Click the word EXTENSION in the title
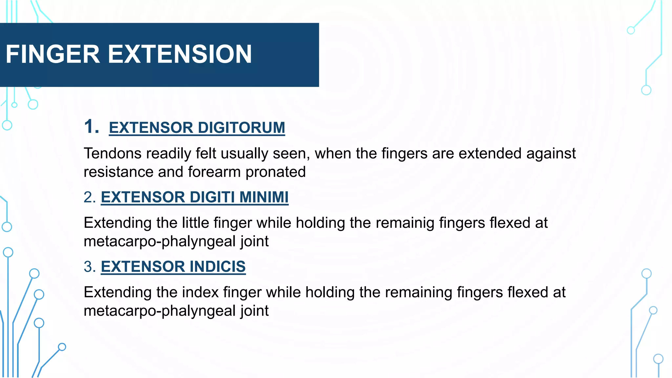coord(180,54)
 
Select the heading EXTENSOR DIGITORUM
coord(197,128)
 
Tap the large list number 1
coord(91,127)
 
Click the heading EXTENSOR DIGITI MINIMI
coord(195,197)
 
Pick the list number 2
coord(90,197)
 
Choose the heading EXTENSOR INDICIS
coord(173,266)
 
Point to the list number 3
coord(90,266)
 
